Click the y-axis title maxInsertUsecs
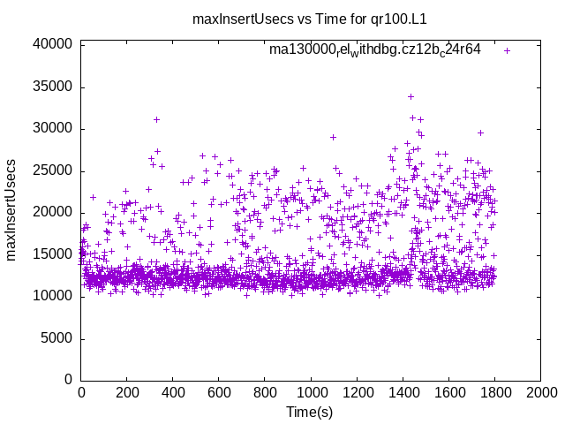click(x=12, y=210)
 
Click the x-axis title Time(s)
click(x=309, y=413)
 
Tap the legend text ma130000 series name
click(x=375, y=49)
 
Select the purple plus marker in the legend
click(x=507, y=50)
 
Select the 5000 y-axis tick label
click(x=56, y=338)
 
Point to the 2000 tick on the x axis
click(x=540, y=392)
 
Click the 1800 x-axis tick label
click(x=494, y=392)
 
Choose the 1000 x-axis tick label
click(x=311, y=392)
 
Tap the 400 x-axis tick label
click(x=173, y=392)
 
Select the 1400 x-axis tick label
click(x=403, y=392)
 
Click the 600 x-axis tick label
click(x=219, y=392)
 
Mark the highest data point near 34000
click(x=411, y=96)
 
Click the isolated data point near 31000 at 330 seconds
click(x=156, y=119)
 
